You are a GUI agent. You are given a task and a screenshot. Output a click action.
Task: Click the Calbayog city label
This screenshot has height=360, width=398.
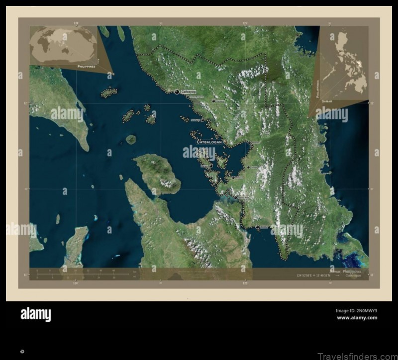point(189,91)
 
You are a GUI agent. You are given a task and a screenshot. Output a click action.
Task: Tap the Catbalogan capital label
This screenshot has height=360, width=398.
point(209,142)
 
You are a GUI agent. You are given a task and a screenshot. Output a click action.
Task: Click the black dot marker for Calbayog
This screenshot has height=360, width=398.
point(177,91)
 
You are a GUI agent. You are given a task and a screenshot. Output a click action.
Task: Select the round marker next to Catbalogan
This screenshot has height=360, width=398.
point(225,142)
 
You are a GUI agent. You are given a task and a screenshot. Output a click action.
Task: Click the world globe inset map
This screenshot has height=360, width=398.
point(63,45)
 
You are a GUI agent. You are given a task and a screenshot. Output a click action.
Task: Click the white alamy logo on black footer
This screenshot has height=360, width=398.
point(35,314)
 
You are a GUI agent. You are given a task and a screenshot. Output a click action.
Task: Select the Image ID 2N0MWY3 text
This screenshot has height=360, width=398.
point(356,311)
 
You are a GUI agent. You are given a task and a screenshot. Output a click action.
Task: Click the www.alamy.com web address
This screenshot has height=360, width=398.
point(357,318)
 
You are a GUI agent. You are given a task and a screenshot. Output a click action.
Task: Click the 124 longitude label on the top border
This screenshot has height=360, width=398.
point(76,23)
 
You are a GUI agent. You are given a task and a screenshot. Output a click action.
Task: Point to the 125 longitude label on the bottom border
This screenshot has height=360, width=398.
point(245,283)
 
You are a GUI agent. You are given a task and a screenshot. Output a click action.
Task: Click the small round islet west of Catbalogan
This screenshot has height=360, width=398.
point(130,139)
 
